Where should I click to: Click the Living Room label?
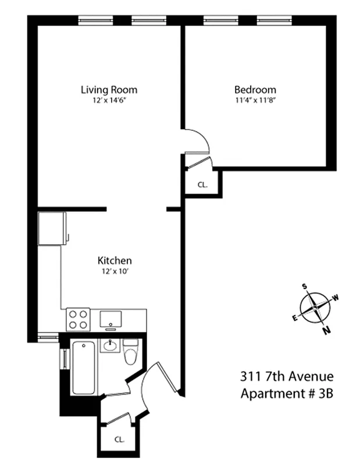pos(109,90)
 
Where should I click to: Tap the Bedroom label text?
pos(255,90)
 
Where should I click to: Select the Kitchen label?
pos(114,260)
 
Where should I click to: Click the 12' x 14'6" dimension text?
pos(109,100)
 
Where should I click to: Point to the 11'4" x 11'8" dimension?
pos(255,100)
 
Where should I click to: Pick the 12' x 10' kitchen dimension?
pos(114,271)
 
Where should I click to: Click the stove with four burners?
pos(78,319)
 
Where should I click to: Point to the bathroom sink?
pos(111,346)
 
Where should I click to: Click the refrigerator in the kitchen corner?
pos(51,228)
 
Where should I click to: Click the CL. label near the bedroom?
pos(202,185)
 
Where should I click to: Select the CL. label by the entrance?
pos(119,439)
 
